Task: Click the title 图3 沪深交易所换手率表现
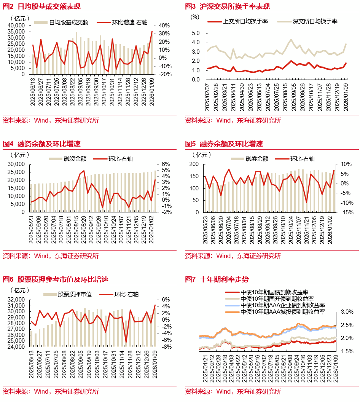tap(227, 6)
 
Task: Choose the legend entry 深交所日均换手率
tap(315, 21)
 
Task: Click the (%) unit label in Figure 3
tap(194, 17)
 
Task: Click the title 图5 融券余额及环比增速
tap(224, 144)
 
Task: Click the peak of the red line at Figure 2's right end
tap(152, 32)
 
